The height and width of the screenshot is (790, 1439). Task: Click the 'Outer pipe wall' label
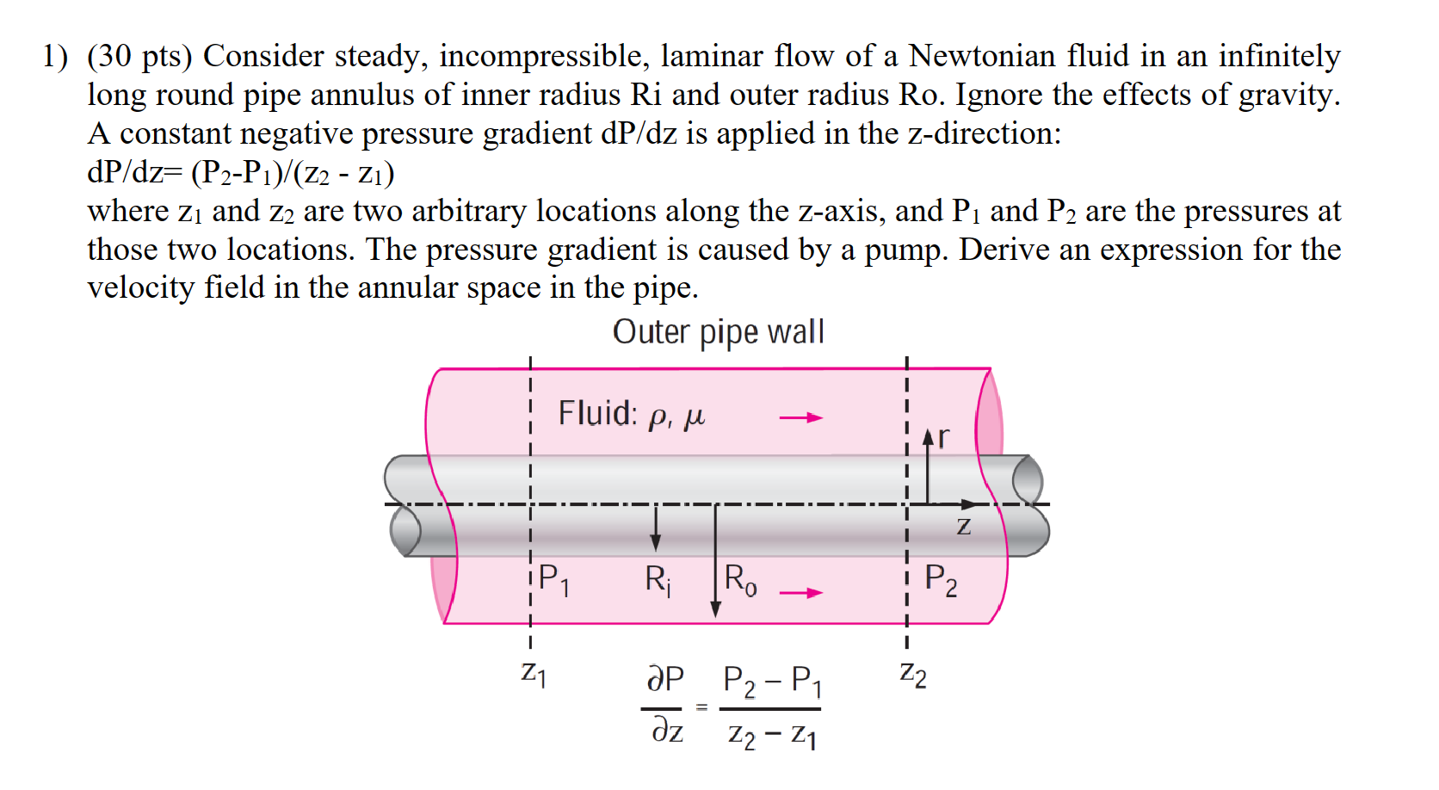[718, 332]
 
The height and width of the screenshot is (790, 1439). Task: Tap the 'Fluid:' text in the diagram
[597, 413]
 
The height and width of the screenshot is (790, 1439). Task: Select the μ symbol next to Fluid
[694, 418]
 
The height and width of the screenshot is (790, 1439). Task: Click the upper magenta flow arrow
[800, 418]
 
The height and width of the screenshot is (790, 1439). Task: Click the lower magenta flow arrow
[800, 593]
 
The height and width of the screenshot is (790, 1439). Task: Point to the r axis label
[944, 437]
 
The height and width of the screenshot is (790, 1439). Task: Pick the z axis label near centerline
[964, 525]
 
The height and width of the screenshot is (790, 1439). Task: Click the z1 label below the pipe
[534, 672]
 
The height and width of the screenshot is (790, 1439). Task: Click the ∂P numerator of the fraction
[665, 679]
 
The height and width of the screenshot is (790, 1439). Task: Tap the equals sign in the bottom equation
[701, 707]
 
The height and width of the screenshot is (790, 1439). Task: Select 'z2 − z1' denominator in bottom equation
[772, 736]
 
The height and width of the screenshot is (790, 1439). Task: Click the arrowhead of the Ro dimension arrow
[715, 610]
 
